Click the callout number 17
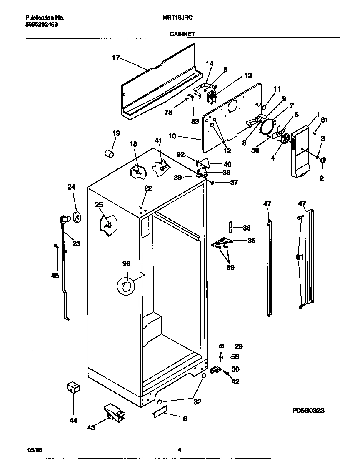[115, 58]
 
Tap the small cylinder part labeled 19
[109, 154]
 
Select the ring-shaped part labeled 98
[125, 286]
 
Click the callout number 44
[73, 421]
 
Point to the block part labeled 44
[73, 388]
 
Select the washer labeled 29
[221, 346]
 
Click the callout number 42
[235, 381]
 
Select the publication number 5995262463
[41, 25]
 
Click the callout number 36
[247, 228]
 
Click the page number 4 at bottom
[180, 450]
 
